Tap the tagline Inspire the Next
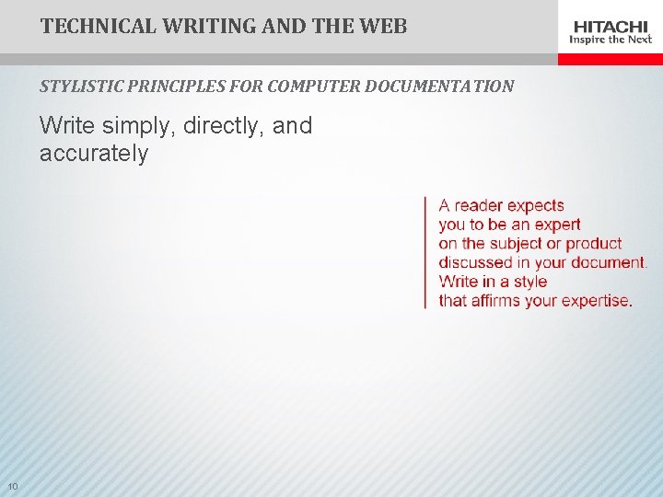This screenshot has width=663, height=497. point(611,40)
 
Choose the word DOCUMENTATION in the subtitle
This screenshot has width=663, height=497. point(439,87)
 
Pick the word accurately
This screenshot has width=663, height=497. point(94,153)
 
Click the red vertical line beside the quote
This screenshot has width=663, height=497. point(425,252)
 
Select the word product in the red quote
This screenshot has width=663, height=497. point(594,244)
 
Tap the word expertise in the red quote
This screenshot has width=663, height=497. point(598,301)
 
